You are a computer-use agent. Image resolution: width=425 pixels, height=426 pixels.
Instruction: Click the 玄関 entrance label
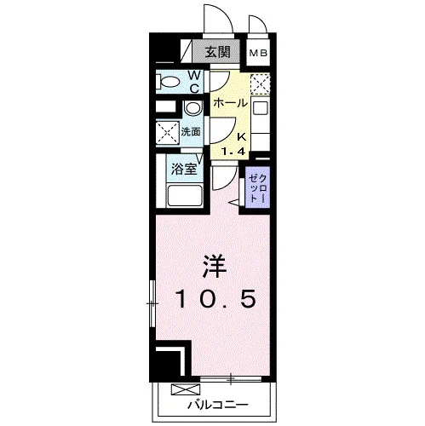[218, 52]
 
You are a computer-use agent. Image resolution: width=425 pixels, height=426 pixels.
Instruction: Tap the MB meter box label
[258, 53]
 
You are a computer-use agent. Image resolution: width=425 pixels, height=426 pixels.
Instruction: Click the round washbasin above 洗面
[192, 108]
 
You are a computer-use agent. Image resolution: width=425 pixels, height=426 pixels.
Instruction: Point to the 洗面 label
[191, 132]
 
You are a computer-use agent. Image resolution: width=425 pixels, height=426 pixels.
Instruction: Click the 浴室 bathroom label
[184, 170]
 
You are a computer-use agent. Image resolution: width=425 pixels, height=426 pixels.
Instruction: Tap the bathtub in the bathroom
[185, 195]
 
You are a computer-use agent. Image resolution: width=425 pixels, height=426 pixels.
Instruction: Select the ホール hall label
[231, 103]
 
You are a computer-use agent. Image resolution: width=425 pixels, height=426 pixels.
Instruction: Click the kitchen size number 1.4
[233, 152]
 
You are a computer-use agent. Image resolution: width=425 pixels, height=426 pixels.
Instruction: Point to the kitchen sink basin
[260, 109]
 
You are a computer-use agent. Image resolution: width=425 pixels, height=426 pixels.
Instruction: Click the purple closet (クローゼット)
[257, 188]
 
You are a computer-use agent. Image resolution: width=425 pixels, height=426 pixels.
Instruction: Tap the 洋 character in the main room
[215, 267]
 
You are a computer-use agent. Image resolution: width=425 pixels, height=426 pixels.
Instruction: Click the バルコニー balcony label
[217, 404]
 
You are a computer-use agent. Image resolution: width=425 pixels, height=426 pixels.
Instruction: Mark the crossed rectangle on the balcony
[186, 389]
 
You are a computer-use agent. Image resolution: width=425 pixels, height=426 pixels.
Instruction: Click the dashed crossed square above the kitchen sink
[260, 84]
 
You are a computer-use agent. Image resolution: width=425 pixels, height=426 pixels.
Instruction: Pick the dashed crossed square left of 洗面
[168, 133]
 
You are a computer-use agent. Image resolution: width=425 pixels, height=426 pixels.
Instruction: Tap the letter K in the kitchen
[241, 137]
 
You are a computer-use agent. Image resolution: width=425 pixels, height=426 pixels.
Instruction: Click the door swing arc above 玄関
[218, 20]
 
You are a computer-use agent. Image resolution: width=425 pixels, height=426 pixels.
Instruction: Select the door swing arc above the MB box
[258, 24]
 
